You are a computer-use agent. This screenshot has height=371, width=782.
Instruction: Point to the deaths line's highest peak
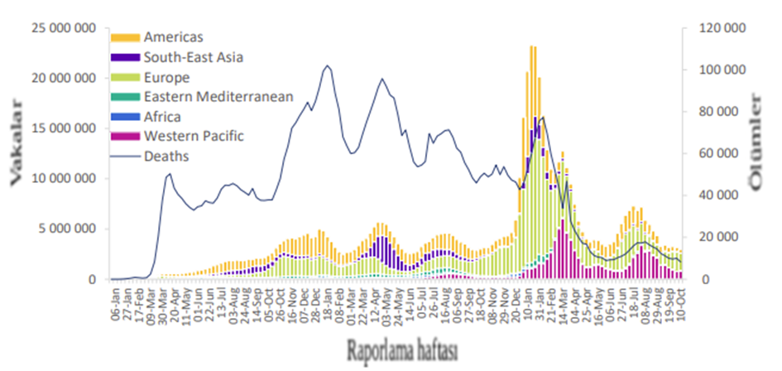[328, 65]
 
